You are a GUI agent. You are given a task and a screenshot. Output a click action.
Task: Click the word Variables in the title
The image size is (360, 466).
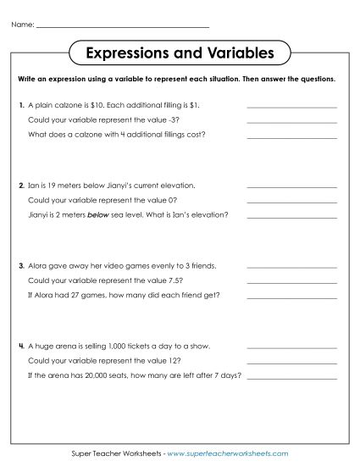click(x=236, y=53)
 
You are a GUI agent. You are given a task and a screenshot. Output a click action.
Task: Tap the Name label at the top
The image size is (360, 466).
click(x=23, y=25)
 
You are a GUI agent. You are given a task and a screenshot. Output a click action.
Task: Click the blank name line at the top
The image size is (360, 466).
click(x=123, y=27)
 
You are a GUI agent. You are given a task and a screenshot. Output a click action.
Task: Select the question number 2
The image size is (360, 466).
click(x=20, y=185)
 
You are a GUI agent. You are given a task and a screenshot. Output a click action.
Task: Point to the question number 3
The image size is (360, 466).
click(x=20, y=265)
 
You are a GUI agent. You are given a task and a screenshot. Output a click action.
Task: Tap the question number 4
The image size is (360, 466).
click(x=20, y=346)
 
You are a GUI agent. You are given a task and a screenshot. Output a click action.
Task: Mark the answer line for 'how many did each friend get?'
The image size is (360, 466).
click(x=291, y=296)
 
